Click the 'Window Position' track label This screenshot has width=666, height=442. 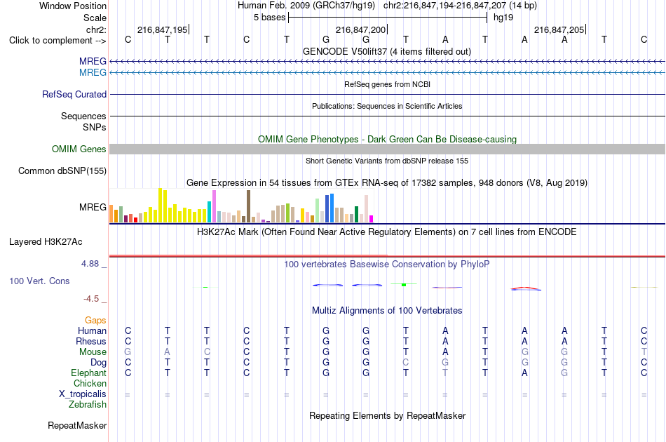coord(73,6)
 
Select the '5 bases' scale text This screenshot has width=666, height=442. coord(270,18)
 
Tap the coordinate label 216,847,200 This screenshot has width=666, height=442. coord(360,29)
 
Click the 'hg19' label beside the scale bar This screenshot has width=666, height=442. coord(503,18)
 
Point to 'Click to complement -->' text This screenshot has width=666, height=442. coord(57,41)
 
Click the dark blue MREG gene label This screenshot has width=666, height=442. coord(93,61)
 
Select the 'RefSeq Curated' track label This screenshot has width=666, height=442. coord(74,94)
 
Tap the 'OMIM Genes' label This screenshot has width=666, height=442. coord(79,149)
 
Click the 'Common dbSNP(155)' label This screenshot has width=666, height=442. coord(62,171)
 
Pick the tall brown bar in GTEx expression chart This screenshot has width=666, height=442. coord(248,206)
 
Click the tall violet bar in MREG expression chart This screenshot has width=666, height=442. coord(214,206)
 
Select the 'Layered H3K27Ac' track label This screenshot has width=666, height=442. coord(46,242)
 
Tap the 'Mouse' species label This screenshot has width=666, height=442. coord(93,352)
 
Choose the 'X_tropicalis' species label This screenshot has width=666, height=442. coord(83,394)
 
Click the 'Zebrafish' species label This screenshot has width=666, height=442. coord(88,405)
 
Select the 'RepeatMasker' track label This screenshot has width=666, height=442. coord(77,425)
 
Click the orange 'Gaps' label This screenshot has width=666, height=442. coord(95,321)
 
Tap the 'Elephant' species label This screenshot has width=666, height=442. coord(89,373)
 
